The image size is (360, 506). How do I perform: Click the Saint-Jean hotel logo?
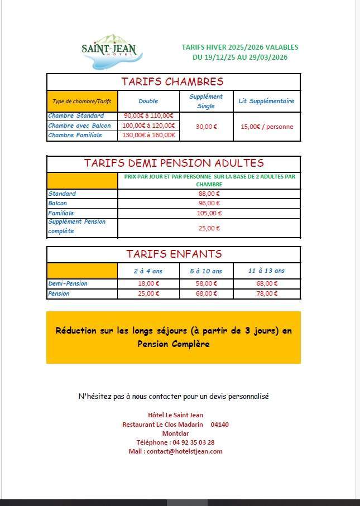click(110, 51)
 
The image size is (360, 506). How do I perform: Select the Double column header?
click(148, 101)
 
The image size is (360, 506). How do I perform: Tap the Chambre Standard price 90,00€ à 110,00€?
click(149, 115)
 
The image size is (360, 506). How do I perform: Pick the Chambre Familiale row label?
click(75, 135)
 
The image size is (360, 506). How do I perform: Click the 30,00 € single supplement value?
click(206, 127)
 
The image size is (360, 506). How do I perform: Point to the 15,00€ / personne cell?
click(266, 127)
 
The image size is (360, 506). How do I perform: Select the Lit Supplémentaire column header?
click(266, 101)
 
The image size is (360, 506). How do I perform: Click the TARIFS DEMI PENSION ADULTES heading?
click(174, 163)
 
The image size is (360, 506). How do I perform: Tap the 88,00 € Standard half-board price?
click(209, 194)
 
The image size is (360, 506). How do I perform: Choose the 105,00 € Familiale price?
click(209, 213)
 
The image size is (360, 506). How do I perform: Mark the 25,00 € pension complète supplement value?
click(209, 228)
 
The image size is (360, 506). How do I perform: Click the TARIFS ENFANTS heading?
click(174, 254)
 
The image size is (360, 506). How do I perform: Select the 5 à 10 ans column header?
click(206, 271)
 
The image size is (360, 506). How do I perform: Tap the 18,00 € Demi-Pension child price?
click(148, 283)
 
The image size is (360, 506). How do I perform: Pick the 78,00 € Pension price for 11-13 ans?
click(267, 293)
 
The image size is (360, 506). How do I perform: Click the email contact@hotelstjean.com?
click(175, 451)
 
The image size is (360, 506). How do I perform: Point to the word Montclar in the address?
click(175, 433)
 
